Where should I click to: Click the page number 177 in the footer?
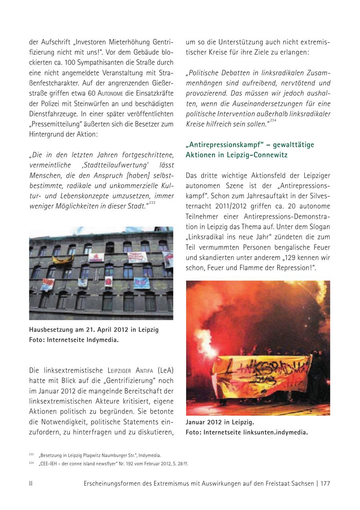[325, 483]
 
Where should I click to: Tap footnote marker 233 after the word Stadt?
[152, 203]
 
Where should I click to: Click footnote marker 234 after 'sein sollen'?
[273, 121]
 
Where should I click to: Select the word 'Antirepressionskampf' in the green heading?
[227, 144]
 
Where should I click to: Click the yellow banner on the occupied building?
[63, 259]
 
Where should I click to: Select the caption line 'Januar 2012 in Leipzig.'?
[220, 422]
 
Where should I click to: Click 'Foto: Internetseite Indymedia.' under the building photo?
[74, 340]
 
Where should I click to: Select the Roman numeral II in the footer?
[31, 483]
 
